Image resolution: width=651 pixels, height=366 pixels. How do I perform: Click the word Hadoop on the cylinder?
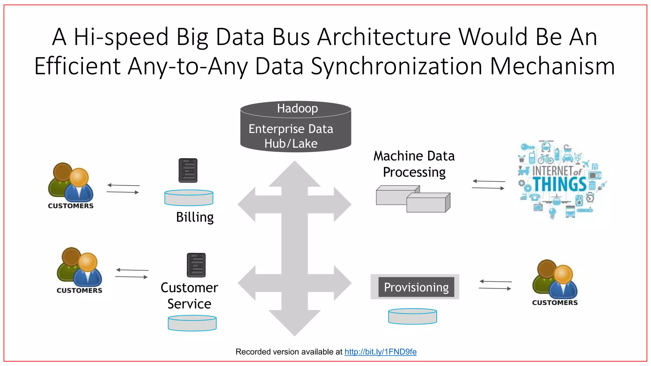(297, 108)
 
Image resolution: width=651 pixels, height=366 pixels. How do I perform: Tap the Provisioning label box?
(416, 287)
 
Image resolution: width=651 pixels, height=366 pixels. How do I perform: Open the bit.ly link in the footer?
(380, 352)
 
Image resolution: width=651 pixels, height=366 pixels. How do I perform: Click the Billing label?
(195, 217)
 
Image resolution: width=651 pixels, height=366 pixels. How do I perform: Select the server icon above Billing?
(188, 170)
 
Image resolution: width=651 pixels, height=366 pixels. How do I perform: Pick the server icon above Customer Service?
(196, 265)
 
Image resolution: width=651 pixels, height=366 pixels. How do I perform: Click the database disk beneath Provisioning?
(413, 316)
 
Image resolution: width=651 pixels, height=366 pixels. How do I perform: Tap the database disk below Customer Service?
(192, 323)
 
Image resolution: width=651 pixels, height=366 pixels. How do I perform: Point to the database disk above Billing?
(189, 198)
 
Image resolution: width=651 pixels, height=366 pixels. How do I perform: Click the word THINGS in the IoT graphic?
(560, 184)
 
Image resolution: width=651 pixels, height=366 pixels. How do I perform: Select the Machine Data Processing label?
(414, 164)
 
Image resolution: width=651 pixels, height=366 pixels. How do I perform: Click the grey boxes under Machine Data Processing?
(413, 199)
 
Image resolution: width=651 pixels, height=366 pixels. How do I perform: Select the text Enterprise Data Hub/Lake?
(291, 136)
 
